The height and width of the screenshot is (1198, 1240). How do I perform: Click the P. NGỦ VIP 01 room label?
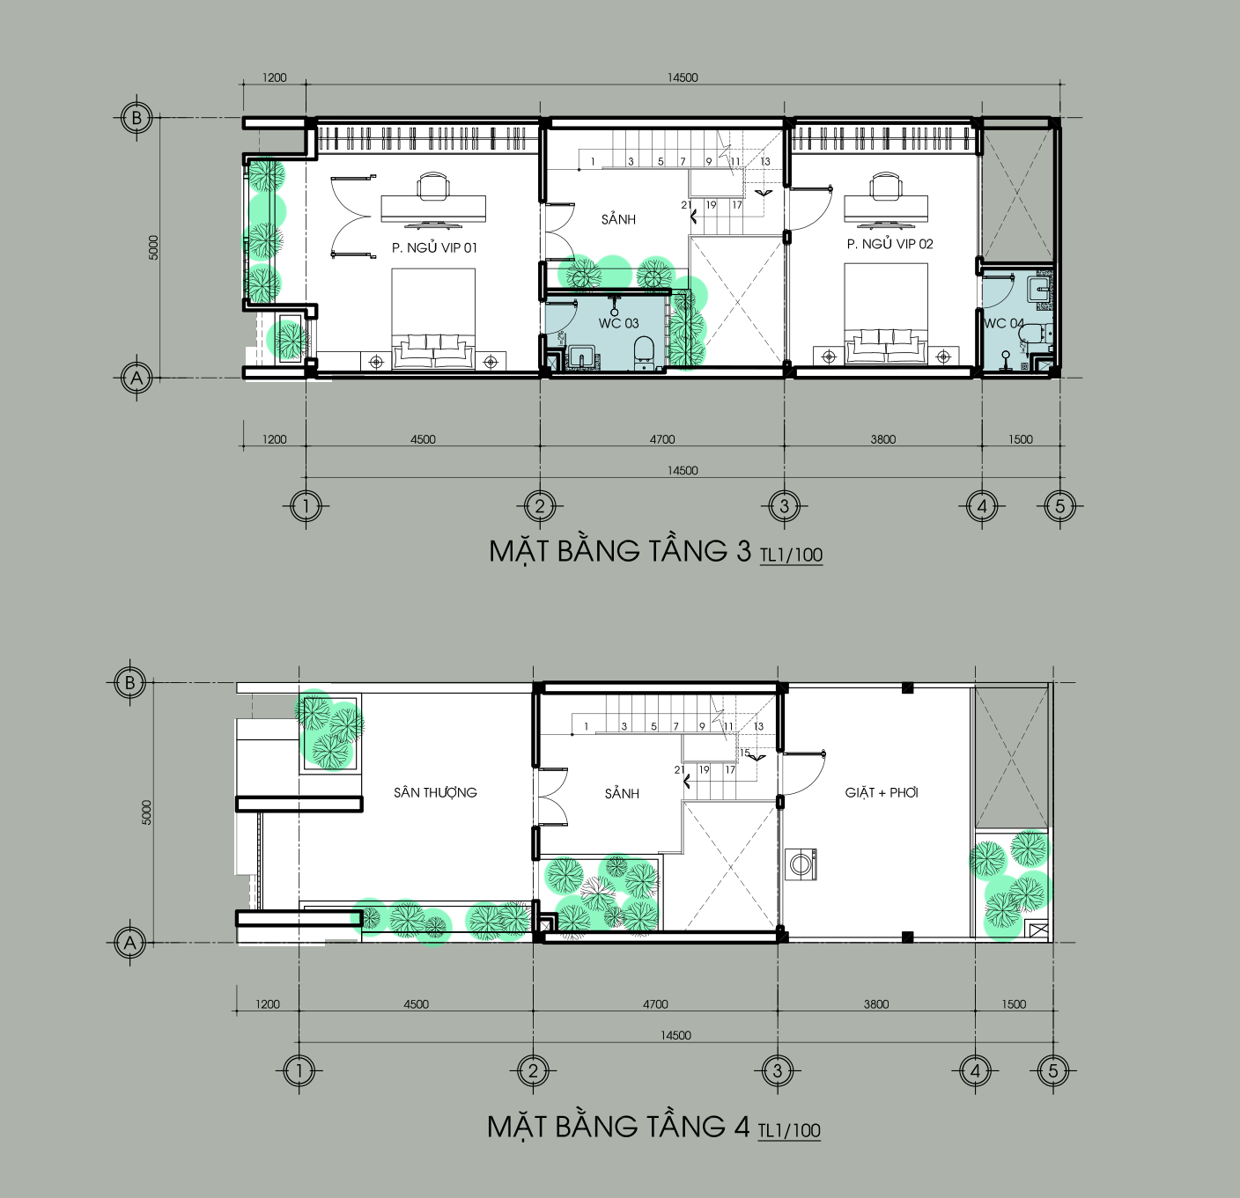tap(434, 247)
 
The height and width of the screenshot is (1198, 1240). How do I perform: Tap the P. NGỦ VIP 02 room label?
tap(889, 244)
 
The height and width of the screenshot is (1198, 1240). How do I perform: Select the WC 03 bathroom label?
tap(618, 324)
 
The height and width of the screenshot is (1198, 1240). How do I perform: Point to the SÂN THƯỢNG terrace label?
tap(435, 792)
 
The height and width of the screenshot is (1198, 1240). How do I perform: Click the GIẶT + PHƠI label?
tap(882, 792)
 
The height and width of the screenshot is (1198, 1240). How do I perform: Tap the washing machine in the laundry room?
tap(801, 864)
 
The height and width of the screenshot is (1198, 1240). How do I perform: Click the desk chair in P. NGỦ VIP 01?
tap(433, 185)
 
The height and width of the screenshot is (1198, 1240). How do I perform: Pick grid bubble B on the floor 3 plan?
tap(137, 118)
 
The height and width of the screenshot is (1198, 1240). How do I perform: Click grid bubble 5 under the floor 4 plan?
tap(1052, 1070)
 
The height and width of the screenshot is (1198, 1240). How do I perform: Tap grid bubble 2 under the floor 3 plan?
tap(540, 506)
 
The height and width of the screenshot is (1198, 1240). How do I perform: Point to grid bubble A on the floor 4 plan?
tap(130, 942)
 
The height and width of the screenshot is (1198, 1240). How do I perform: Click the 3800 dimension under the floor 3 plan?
tap(883, 439)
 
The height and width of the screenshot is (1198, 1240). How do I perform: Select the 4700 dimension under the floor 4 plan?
tap(655, 1004)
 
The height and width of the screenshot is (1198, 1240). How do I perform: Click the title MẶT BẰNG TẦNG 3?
tap(620, 551)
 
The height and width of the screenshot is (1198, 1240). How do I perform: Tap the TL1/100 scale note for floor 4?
tap(789, 1130)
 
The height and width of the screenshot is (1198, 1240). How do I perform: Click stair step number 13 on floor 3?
tap(765, 162)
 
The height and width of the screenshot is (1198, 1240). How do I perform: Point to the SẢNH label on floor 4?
tap(621, 794)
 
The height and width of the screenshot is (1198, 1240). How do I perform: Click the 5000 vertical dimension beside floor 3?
tap(153, 247)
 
